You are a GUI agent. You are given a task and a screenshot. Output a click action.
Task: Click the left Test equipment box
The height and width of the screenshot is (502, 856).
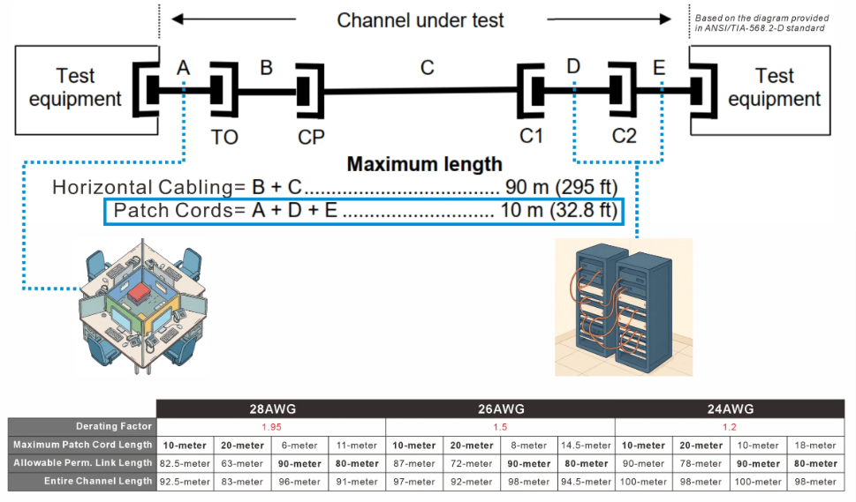point(75,87)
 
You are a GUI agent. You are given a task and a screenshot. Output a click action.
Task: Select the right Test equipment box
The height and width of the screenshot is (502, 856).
point(774,87)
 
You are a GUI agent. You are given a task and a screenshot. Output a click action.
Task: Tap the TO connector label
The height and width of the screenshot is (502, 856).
point(224,137)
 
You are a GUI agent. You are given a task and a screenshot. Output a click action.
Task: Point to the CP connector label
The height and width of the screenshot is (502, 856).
point(311,137)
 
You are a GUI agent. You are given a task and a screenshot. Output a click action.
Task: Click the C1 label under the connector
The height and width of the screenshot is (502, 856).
point(532,137)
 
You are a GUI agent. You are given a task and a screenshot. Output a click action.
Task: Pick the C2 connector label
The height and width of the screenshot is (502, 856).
point(624,137)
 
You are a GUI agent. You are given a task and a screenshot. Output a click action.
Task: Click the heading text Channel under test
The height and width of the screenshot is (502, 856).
point(420,19)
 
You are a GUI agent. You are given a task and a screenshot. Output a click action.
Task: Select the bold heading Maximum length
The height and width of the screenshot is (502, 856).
point(424,164)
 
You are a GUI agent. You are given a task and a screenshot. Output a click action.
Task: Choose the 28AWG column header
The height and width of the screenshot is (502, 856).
point(270,409)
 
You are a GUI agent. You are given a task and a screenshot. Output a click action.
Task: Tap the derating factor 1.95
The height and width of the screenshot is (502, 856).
point(270,427)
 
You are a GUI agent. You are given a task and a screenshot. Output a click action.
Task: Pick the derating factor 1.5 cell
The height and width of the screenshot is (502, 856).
point(499,427)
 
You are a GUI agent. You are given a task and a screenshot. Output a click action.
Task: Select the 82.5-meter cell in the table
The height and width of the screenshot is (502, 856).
point(185,463)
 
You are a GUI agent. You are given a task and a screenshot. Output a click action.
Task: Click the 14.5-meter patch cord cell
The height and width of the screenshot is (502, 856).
point(585,446)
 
